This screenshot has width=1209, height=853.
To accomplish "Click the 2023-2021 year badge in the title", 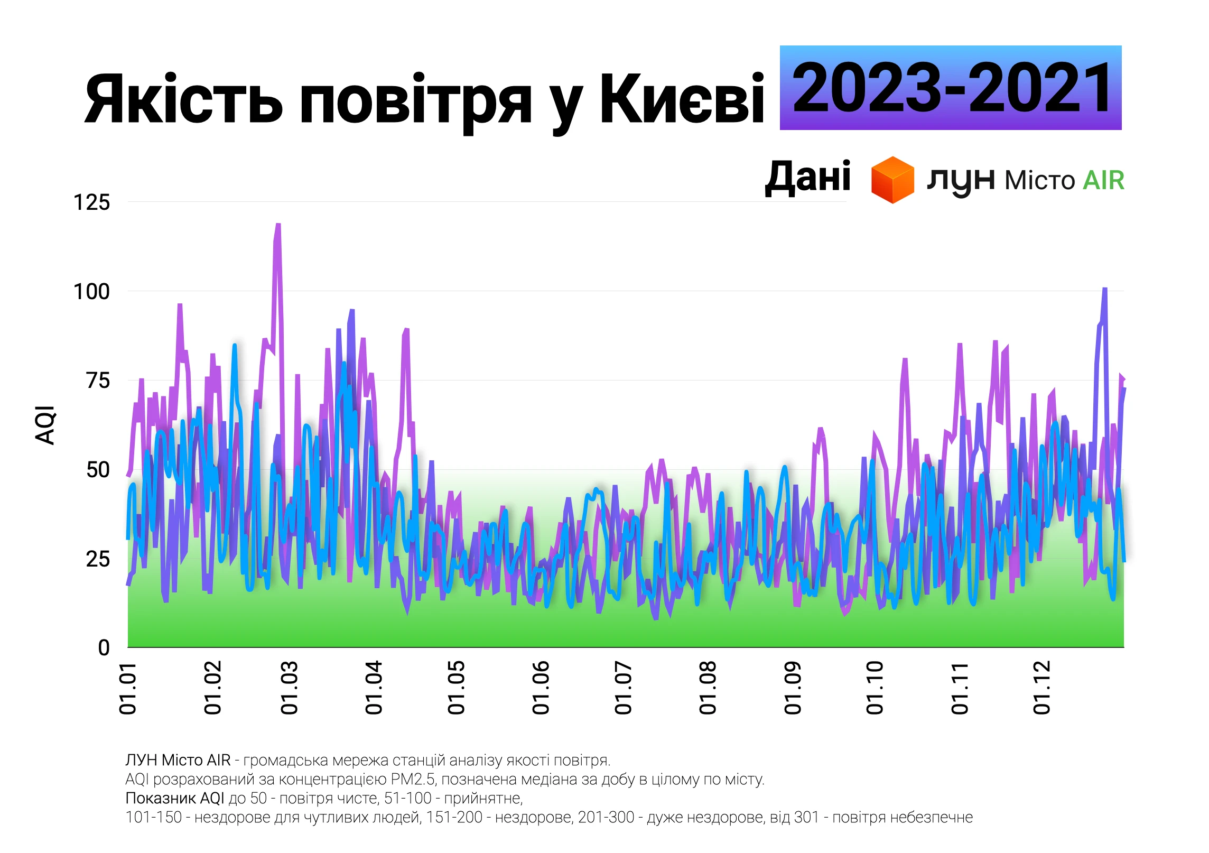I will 950,88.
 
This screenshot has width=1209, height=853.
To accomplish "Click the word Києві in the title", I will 682,99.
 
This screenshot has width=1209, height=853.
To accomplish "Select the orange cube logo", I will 892,180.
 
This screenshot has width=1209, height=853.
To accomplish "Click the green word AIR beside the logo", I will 1103,181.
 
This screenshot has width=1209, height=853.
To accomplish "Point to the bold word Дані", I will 808,178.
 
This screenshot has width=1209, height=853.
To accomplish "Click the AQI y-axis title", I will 45,425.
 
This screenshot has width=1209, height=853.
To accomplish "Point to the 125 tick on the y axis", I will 91,202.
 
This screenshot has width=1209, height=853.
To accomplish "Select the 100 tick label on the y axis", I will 91,292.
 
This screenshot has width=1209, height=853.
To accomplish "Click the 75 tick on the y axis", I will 98,381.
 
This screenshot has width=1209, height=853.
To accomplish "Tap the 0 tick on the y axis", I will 104,648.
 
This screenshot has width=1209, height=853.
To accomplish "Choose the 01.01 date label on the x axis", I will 128,688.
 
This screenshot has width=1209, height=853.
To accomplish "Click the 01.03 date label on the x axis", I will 290,688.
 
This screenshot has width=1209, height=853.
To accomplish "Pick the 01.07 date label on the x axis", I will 624,688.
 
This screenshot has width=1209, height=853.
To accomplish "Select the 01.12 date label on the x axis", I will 1042,688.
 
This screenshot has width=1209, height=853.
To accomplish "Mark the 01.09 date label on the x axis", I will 793,688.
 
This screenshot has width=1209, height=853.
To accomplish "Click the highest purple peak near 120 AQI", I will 278,225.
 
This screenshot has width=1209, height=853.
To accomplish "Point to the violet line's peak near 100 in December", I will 1104,289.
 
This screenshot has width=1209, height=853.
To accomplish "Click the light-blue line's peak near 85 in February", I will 235,346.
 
